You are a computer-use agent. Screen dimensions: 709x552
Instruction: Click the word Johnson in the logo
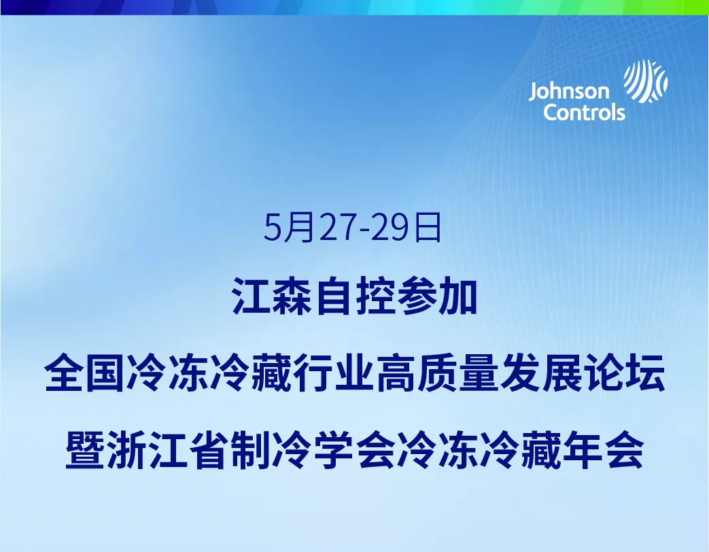tap(569, 92)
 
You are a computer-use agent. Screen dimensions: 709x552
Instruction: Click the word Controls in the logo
tap(584, 112)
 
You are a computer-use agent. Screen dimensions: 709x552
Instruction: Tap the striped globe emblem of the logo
tap(646, 81)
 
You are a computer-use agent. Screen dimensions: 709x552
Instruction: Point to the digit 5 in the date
tap(273, 228)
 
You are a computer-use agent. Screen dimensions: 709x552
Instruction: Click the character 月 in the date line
tap(298, 228)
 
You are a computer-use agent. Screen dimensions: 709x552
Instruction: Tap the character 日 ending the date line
tap(428, 228)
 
